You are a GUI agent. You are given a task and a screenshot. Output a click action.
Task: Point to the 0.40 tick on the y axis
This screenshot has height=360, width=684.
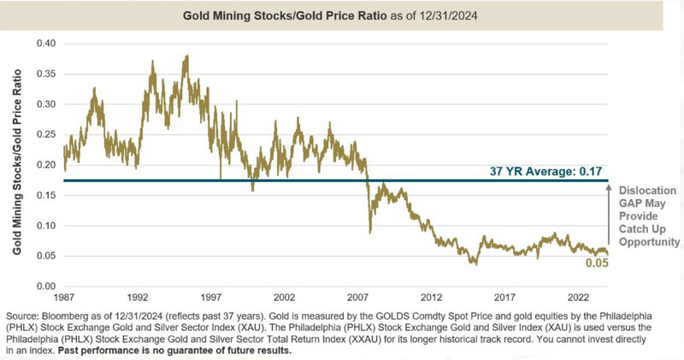coord(45,43)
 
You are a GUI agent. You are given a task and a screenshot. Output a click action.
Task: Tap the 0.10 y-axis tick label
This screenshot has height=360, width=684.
coord(45,226)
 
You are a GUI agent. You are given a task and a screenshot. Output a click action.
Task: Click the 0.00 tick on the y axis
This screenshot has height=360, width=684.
coord(45,286)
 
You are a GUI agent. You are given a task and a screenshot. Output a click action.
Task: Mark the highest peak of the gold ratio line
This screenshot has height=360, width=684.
coord(186,56)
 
